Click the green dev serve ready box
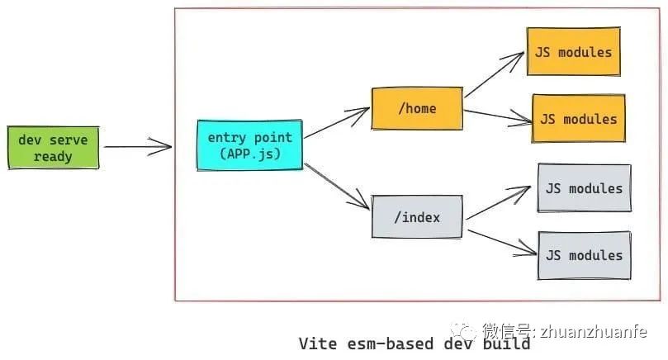click(x=53, y=148)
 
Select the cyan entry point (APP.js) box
click(x=249, y=145)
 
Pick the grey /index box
click(x=416, y=217)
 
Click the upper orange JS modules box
click(x=572, y=52)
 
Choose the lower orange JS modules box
click(x=578, y=118)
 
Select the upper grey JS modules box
click(x=584, y=188)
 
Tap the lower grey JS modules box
click(x=584, y=255)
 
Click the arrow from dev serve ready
click(x=137, y=148)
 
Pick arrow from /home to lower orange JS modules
click(x=498, y=115)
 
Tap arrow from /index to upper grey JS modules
click(x=498, y=204)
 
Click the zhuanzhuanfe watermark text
click(x=594, y=331)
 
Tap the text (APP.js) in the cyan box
click(x=249, y=154)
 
